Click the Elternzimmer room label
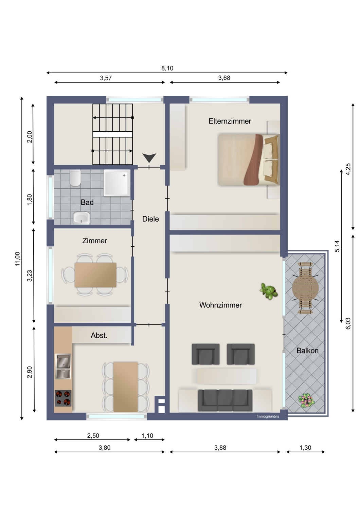230,121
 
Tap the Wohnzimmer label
220,305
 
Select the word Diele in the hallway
150,219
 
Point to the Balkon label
307,351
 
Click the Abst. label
99,335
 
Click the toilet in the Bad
75,178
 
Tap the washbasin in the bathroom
82,218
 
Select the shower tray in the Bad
117,183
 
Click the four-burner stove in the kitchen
63,398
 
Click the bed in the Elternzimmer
249,159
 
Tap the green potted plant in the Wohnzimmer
269,291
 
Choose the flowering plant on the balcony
306,401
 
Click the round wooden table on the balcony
305,288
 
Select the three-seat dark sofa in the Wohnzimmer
225,400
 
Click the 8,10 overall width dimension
167,68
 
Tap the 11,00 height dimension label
18,259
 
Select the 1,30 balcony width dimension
305,448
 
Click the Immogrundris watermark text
268,416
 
